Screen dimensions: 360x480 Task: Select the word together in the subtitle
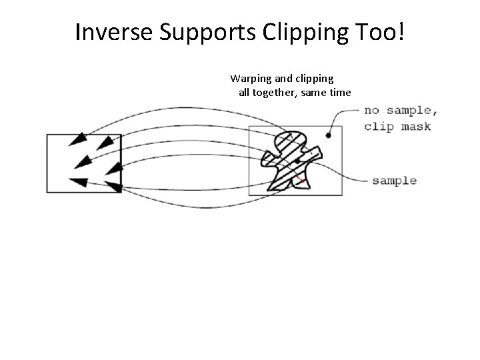point(273,92)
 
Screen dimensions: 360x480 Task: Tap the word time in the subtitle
point(339,92)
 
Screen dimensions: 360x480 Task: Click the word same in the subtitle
point(313,92)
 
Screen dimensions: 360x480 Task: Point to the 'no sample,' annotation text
point(397,111)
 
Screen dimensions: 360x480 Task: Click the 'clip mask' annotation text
point(397,126)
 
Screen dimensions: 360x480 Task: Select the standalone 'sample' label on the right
point(394,180)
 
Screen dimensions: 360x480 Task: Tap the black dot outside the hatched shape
point(328,136)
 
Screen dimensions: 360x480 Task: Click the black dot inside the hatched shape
point(297,161)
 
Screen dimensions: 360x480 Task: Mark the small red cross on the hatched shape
point(301,180)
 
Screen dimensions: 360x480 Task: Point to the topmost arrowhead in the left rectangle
point(79,139)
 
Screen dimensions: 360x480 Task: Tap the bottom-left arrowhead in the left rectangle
point(77,181)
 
